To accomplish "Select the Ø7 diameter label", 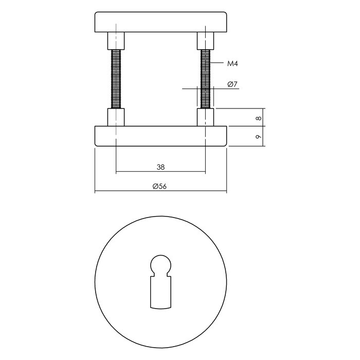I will pyautogui.click(x=232, y=84).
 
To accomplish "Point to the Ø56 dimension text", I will pyautogui.click(x=160, y=187).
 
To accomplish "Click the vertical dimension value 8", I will pyautogui.click(x=259, y=118).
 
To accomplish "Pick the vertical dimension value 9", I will pyautogui.click(x=259, y=136).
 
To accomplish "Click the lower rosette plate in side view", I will pyautogui.click(x=161, y=136).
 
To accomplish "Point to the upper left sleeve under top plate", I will pyautogui.click(x=116, y=40).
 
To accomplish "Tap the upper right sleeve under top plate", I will pyautogui.click(x=206, y=40).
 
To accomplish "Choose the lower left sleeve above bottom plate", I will pyautogui.click(x=116, y=117).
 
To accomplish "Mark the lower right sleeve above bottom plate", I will pyautogui.click(x=206, y=117).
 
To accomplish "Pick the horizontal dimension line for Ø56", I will pyautogui.click(x=129, y=192).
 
